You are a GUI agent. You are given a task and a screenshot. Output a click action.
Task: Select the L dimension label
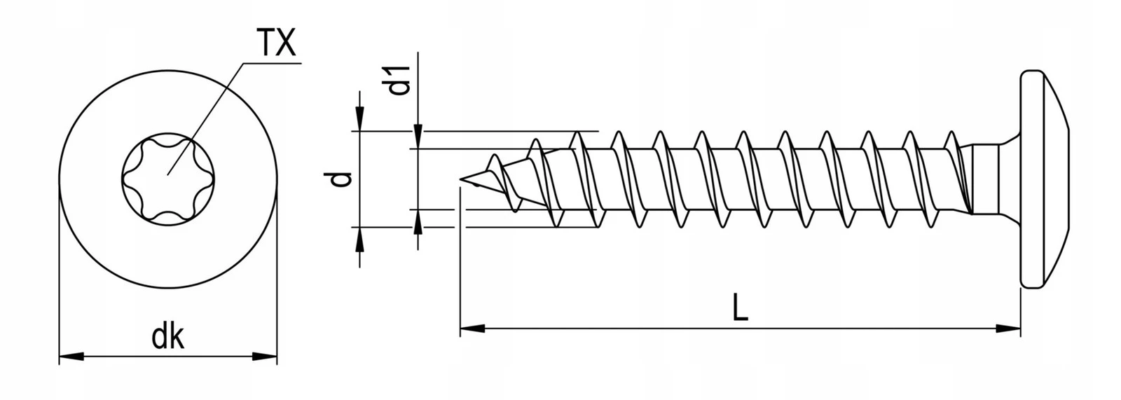pyautogui.click(x=740, y=308)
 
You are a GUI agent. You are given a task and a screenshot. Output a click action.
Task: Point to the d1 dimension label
pyautogui.click(x=399, y=80)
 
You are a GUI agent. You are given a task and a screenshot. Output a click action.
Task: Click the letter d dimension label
pyautogui.click(x=341, y=180)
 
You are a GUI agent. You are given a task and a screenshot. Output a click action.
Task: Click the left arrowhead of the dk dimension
pyautogui.click(x=70, y=356)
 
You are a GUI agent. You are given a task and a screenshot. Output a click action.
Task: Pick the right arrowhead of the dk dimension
pyautogui.click(x=266, y=356)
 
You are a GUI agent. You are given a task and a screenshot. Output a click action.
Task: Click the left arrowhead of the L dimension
pyautogui.click(x=471, y=326)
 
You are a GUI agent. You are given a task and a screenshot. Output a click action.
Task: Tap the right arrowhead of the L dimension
pyautogui.click(x=1008, y=326)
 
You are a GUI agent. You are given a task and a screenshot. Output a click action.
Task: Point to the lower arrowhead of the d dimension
pyautogui.click(x=360, y=239)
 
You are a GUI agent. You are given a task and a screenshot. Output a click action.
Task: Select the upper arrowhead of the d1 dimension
pyautogui.click(x=418, y=137)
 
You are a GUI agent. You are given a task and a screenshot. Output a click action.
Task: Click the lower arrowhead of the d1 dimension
pyautogui.click(x=418, y=221)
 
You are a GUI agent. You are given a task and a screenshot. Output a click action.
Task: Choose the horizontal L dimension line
pyautogui.click(x=631, y=326)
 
